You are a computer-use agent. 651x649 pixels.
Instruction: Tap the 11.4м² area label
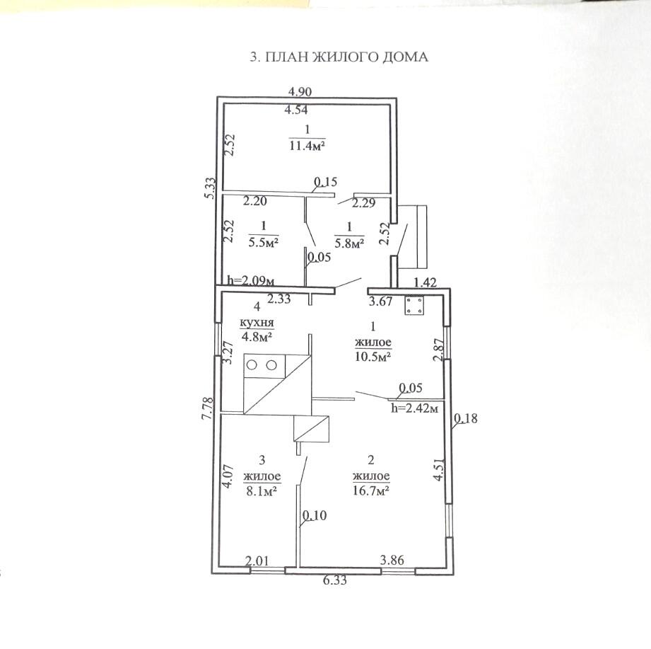[x=307, y=147]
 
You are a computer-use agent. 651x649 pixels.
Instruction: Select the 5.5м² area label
[x=263, y=242]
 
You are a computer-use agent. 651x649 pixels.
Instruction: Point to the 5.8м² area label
[x=349, y=243]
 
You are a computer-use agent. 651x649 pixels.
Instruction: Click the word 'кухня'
[x=257, y=322]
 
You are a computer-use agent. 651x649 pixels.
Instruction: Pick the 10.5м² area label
[x=373, y=357]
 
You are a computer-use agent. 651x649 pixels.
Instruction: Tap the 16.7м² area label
[x=370, y=490]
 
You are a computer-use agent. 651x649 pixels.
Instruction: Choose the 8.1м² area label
[x=262, y=491]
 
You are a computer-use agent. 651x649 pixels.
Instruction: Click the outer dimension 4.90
[x=300, y=91]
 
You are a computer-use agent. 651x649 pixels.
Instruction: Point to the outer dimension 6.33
[x=334, y=580]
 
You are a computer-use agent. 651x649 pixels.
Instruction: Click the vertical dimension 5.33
[x=211, y=188]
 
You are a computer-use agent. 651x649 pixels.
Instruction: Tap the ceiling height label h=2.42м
[x=414, y=408]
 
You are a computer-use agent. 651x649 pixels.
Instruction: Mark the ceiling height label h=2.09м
[x=251, y=281]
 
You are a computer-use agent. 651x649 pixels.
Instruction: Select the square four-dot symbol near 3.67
[x=414, y=305]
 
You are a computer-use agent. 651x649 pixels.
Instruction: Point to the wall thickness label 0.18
[x=466, y=418]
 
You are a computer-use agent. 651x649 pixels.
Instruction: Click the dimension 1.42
[x=426, y=282]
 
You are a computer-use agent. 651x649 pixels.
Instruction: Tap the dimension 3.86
[x=392, y=560]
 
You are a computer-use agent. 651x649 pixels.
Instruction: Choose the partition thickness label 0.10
[x=315, y=515]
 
